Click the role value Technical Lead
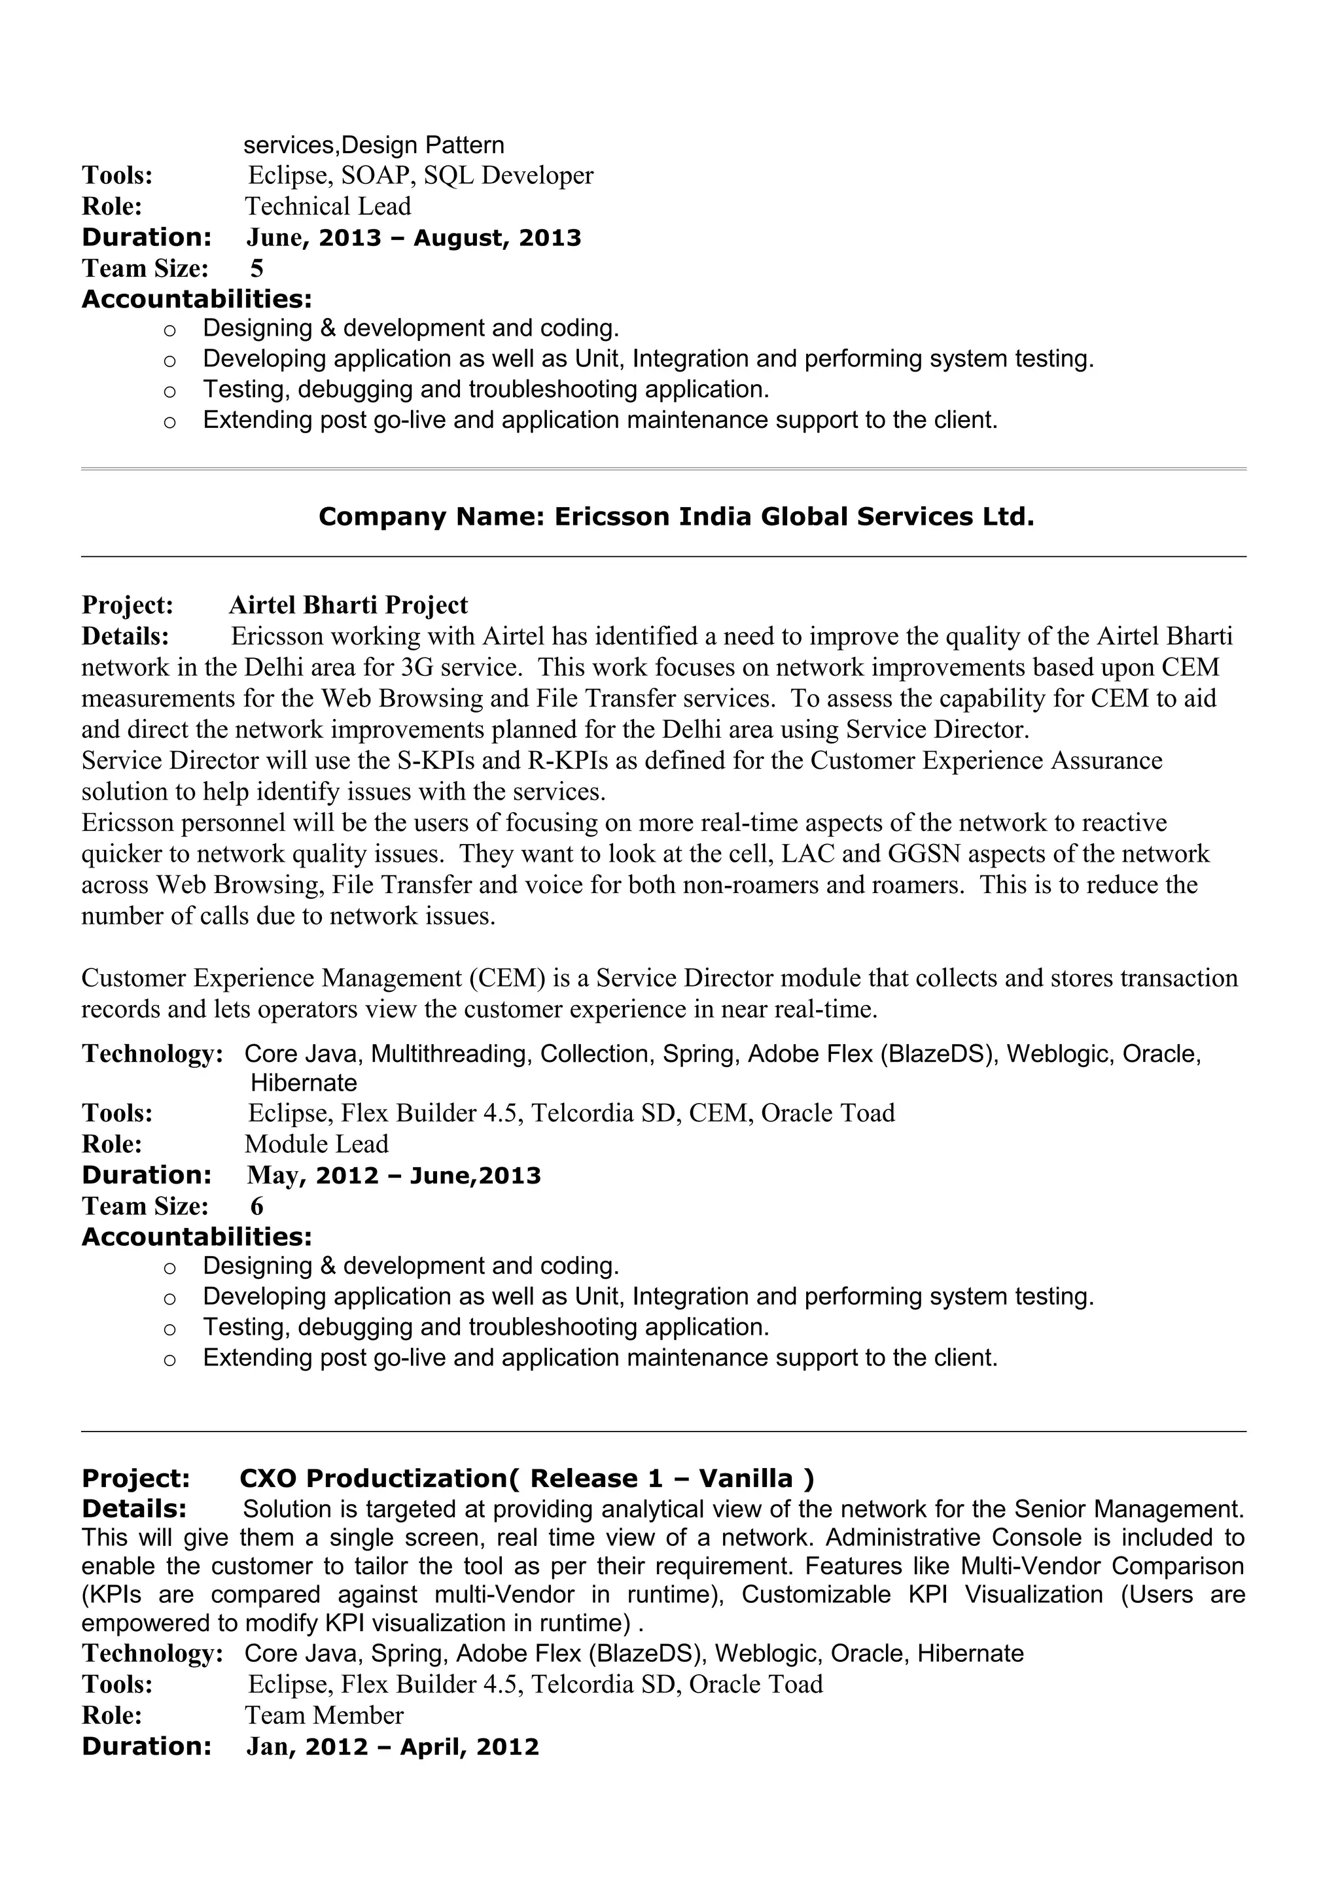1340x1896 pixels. pyautogui.click(x=328, y=207)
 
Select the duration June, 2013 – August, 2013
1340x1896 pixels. pyautogui.click(x=414, y=238)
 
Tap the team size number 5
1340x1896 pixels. pyautogui.click(x=256, y=268)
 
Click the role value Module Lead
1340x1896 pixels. pyautogui.click(x=316, y=1144)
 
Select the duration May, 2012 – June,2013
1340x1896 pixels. pyautogui.click(x=394, y=1176)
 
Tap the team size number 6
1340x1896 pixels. pyautogui.click(x=256, y=1206)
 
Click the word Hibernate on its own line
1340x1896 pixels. pyautogui.click(x=304, y=1083)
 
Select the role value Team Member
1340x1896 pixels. pyautogui.click(x=325, y=1716)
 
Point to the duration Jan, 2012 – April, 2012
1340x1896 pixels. pyautogui.click(x=392, y=1747)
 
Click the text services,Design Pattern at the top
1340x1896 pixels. pyautogui.click(x=373, y=145)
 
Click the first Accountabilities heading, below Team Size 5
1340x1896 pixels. pyautogui.click(x=196, y=299)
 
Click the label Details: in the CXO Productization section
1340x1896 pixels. pyautogui.click(x=133, y=1509)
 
